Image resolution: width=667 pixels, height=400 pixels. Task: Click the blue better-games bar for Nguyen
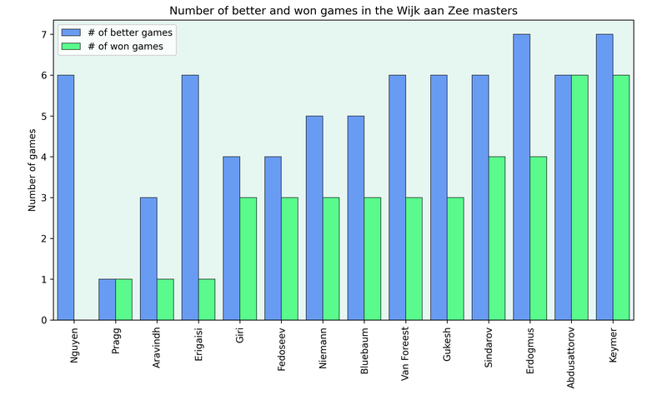coord(66,197)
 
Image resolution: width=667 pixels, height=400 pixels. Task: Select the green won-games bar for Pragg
coord(123,299)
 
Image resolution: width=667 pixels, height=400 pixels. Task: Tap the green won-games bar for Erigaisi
coord(207,299)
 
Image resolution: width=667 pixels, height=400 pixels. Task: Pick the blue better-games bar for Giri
coord(232,238)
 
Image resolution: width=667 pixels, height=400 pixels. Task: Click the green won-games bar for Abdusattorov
coord(579,197)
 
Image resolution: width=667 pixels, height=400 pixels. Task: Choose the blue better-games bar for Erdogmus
coord(521,177)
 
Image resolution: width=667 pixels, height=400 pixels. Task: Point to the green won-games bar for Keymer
coord(621,197)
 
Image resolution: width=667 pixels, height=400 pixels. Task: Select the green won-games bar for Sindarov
coord(496,238)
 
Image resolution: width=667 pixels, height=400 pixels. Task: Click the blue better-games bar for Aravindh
coord(148,258)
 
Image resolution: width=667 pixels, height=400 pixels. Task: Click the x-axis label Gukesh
coord(448,345)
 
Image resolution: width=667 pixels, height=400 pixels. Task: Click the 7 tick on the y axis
coord(45,35)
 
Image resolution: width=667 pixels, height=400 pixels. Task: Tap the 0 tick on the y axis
coord(45,320)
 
